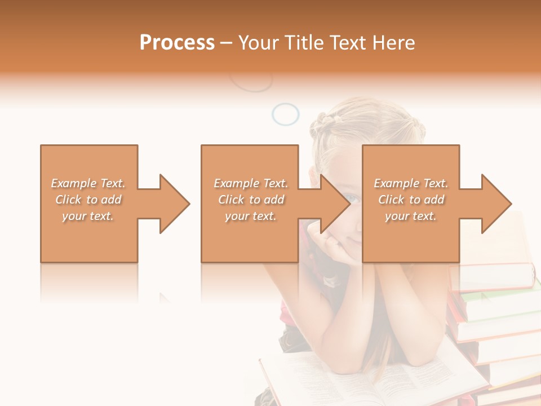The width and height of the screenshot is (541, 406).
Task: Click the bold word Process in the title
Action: tap(177, 43)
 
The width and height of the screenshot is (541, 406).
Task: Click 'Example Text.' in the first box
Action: tap(88, 183)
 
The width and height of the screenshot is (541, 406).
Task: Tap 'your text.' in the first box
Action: tap(88, 216)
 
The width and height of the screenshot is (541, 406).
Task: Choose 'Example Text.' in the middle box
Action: tap(250, 183)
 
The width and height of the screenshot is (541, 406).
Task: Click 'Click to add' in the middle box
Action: tap(250, 200)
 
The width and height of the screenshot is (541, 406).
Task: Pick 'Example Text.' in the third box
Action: tap(411, 183)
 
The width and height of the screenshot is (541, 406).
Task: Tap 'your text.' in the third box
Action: tap(411, 216)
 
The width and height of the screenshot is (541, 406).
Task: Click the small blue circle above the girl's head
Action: tap(285, 114)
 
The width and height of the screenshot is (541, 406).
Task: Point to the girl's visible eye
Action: tap(352, 197)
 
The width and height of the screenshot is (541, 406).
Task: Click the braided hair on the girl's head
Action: tap(327, 121)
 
